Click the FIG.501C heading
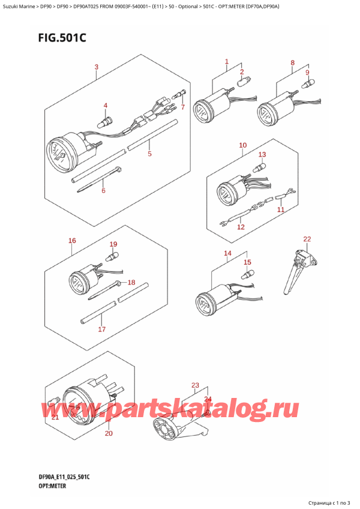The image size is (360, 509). pos(62,38)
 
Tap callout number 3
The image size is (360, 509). pos(97,67)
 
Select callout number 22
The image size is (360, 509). pos(307,239)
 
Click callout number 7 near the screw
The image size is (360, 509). pos(183,106)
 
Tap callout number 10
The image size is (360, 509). pos(243,145)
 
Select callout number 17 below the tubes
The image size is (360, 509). pos(102,329)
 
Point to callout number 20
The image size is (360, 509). pos(109,433)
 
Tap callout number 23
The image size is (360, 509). pos(195,385)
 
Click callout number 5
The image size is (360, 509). pos(149,154)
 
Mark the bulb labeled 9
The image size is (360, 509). pos(308,85)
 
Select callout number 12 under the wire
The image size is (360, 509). pos(241,227)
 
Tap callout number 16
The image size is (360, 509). pos(72,241)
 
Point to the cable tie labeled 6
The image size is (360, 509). pos(99,179)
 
